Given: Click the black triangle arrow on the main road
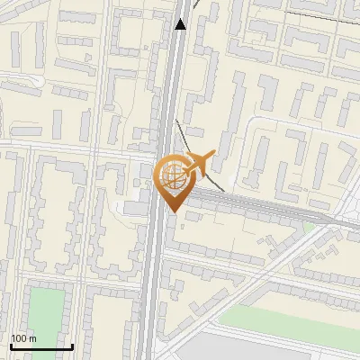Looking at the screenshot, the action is (181, 24).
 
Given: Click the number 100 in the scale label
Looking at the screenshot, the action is (19, 338).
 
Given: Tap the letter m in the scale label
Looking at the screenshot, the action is (33, 338).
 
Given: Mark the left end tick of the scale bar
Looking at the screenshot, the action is (10, 346).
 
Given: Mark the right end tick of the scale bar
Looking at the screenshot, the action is (72, 346).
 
